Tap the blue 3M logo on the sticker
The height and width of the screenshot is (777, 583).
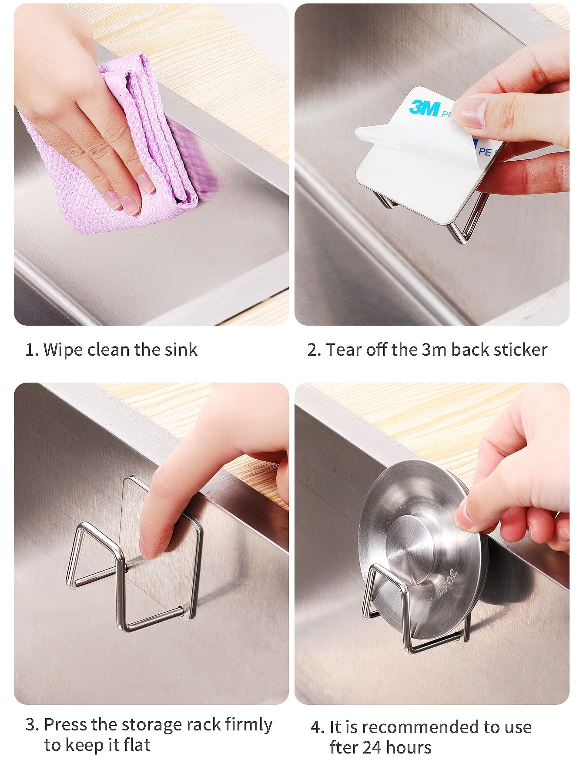point(425,108)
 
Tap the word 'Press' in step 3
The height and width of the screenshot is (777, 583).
point(66,725)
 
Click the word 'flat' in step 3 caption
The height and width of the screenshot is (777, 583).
point(137,745)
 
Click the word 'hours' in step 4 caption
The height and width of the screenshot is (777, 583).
point(409,748)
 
